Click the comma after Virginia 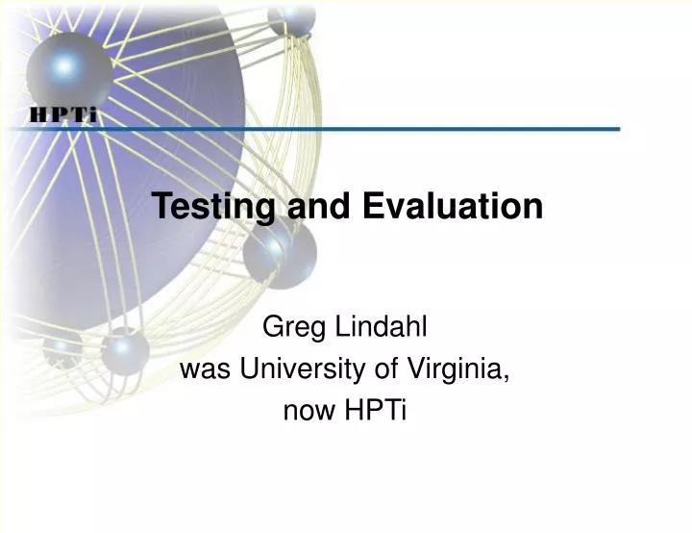coord(507,376)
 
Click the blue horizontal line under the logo coord(384,128)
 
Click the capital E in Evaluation coord(372,206)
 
